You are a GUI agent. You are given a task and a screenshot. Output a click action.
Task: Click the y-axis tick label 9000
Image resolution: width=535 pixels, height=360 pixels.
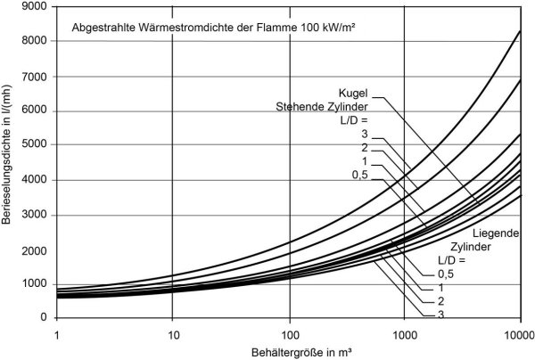34,6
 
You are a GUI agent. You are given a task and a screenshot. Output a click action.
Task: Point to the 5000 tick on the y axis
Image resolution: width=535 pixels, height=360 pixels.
34,145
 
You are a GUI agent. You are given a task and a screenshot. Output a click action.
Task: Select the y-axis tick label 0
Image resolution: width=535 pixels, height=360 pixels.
42,318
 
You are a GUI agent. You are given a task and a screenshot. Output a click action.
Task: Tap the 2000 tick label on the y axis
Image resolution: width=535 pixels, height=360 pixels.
34,250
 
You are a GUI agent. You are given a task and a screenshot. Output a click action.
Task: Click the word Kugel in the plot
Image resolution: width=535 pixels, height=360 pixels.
353,91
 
